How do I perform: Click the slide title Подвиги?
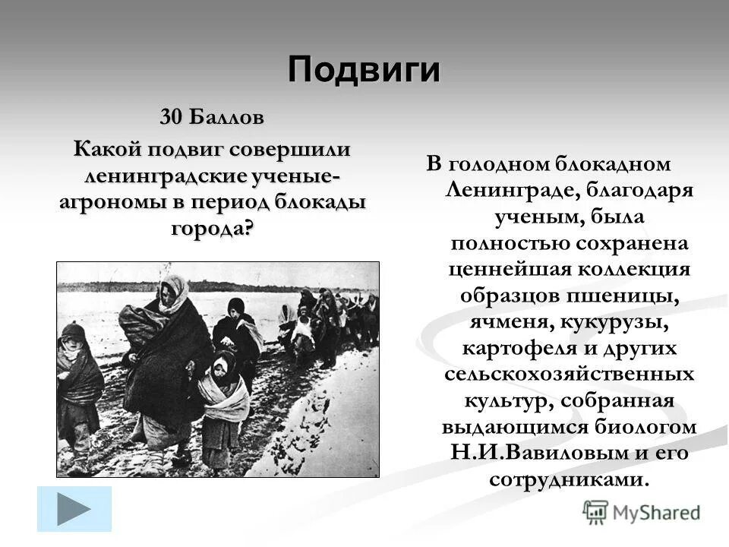pyautogui.click(x=364, y=70)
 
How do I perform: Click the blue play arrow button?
pyautogui.click(x=74, y=508)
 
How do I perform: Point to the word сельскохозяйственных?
pyautogui.click(x=569, y=375)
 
